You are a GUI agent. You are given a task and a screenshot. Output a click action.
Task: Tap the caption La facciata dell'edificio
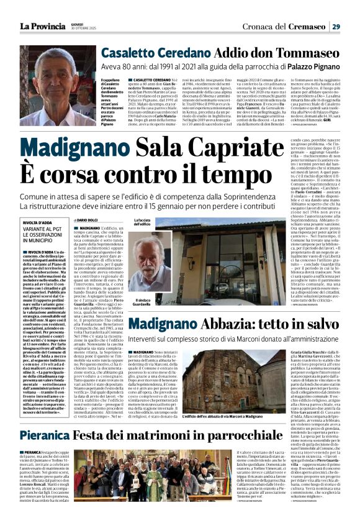[x=143, y=222]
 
